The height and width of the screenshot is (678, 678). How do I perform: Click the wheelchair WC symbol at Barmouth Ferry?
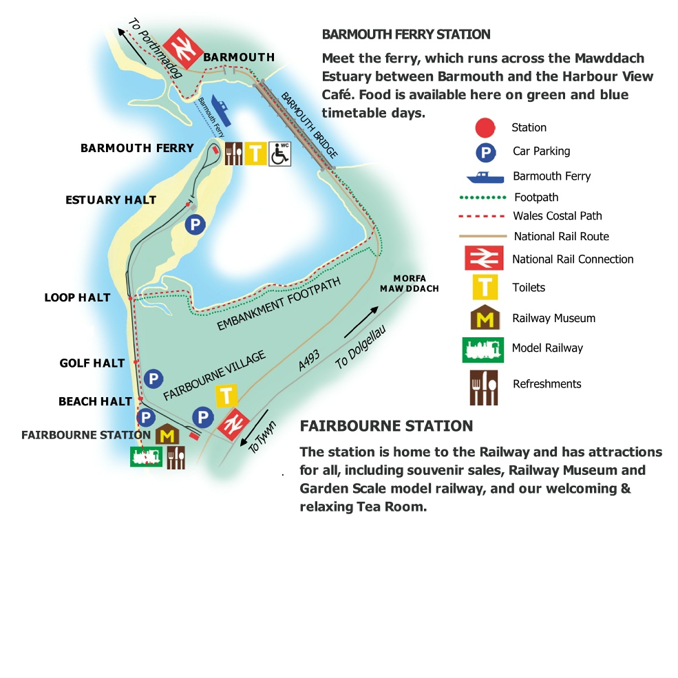(x=279, y=153)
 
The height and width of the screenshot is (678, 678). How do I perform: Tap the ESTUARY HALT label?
(x=111, y=200)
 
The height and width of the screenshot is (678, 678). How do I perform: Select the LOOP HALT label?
(x=77, y=297)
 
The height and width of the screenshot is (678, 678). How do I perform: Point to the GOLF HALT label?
(x=92, y=363)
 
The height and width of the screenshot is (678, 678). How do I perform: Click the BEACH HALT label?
(x=95, y=401)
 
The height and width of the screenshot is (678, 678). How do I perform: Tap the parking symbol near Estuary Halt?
(x=195, y=224)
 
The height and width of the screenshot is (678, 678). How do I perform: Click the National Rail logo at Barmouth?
(x=183, y=48)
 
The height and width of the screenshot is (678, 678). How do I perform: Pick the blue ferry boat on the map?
(x=221, y=110)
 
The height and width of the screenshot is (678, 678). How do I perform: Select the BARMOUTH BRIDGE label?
(x=309, y=125)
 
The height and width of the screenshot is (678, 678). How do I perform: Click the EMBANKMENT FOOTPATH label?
(x=279, y=304)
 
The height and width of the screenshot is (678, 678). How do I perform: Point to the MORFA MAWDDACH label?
(x=409, y=284)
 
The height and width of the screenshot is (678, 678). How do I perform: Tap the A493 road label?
(x=309, y=360)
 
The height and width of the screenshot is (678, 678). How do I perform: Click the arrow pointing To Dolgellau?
(x=361, y=321)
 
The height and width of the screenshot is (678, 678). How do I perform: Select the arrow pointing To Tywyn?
(x=254, y=428)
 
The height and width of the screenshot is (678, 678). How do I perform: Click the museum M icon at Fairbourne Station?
(x=167, y=434)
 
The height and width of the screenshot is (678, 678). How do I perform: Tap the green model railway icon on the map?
(x=146, y=456)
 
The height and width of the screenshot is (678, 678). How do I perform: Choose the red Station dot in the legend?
(x=485, y=127)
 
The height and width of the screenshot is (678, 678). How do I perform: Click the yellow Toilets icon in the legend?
(x=485, y=287)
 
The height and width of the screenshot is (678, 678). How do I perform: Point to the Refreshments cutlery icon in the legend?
(x=484, y=388)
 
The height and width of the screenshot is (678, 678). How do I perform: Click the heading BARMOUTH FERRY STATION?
(x=406, y=34)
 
